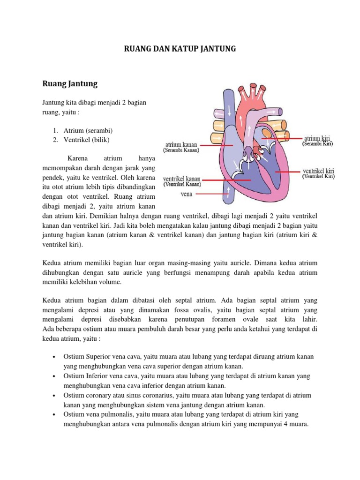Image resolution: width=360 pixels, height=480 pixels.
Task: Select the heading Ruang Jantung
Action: coord(70,84)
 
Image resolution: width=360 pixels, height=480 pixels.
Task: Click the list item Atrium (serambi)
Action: coord(88,130)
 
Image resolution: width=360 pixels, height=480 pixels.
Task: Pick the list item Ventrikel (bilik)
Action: coord(88,139)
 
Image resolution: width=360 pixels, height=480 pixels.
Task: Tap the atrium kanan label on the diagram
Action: coord(181,145)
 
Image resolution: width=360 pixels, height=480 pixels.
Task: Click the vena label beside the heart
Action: coord(187,192)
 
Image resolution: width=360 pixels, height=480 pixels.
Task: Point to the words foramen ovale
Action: coord(235,320)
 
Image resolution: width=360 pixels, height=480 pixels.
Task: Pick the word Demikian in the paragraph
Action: coord(75,216)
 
